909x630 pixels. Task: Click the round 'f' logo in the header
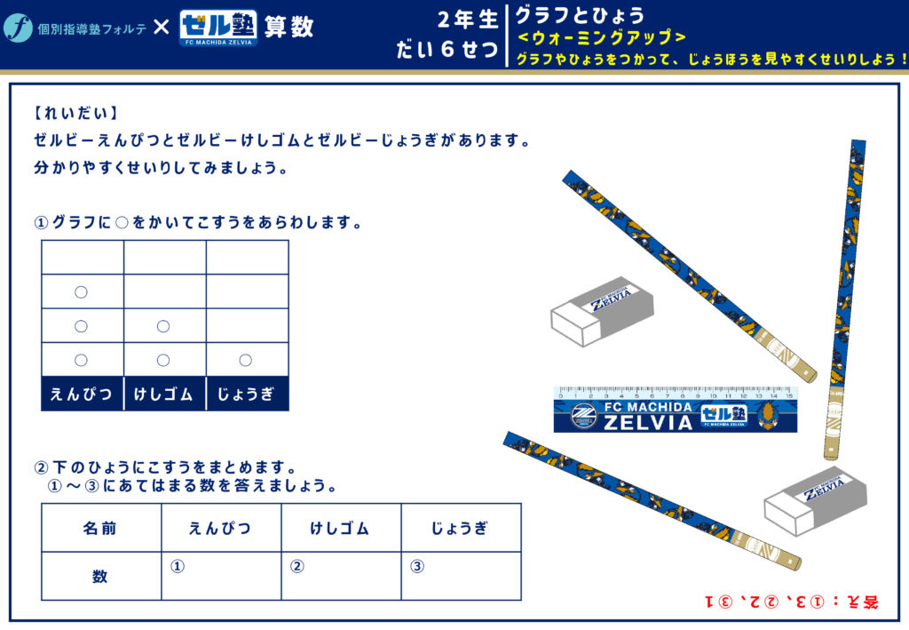pos(18,28)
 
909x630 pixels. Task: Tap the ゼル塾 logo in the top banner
pos(218,28)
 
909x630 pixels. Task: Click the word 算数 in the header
pos(289,27)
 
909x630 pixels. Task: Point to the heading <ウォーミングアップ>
pos(602,37)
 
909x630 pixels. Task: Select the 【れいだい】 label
pos(75,113)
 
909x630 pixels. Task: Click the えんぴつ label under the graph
pos(81,395)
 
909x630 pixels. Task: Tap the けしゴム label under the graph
pos(163,395)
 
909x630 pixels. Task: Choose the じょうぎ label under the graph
pos(246,395)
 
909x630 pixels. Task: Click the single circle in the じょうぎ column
pos(246,360)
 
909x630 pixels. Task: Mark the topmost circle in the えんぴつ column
pos(81,291)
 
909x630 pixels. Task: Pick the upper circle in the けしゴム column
pos(163,326)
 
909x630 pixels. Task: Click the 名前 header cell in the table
pos(99,528)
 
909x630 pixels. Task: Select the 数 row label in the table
pos(99,576)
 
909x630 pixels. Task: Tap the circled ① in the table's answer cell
pos(178,566)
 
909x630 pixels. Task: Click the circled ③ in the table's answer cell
pos(417,566)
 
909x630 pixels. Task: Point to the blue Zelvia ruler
pos(676,409)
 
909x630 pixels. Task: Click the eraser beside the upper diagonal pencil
pos(602,311)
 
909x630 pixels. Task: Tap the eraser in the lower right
pos(815,500)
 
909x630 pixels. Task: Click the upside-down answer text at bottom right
pos(792,602)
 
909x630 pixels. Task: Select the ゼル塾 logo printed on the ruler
pos(723,414)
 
